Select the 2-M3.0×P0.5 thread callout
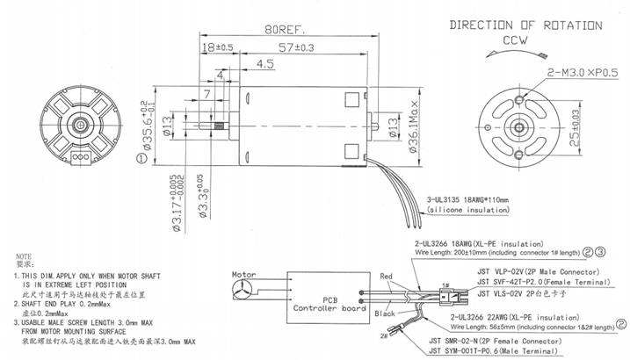click(583, 71)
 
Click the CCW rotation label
click(515, 40)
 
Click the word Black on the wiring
click(385, 313)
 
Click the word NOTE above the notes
click(25, 254)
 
